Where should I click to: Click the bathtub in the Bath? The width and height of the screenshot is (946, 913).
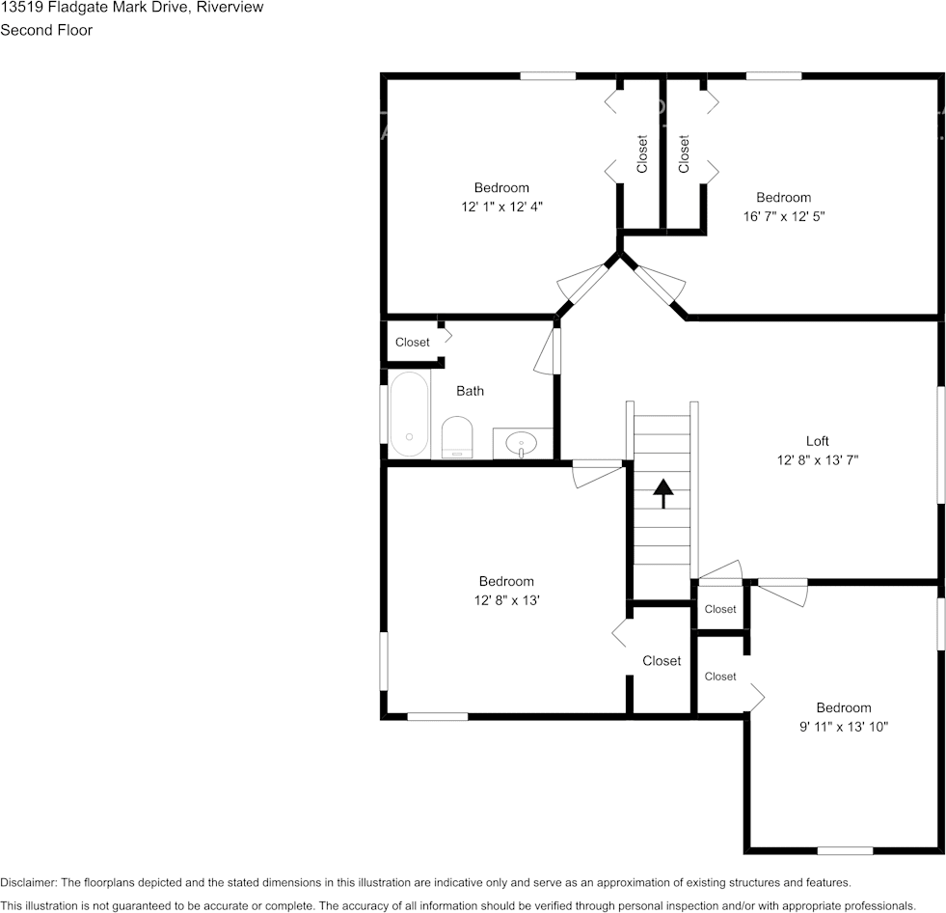point(410,414)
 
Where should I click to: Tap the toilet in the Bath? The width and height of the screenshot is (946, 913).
point(457,437)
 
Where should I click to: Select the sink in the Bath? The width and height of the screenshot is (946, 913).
point(522,444)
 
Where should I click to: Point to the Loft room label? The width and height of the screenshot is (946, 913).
point(818,441)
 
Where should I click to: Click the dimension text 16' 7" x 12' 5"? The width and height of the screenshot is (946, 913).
point(784,216)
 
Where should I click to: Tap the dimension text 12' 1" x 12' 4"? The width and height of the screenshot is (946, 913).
point(502,207)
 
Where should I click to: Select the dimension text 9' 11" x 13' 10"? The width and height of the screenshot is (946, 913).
point(844,727)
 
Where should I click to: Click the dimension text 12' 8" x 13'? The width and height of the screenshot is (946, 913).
point(507,600)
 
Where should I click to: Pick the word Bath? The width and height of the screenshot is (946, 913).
point(470,391)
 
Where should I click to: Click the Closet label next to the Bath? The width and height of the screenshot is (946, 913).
point(412,342)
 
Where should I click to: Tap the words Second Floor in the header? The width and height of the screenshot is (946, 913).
point(46,30)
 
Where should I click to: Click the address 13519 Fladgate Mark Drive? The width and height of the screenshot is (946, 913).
point(95,8)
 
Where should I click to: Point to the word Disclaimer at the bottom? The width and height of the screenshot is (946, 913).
point(28,882)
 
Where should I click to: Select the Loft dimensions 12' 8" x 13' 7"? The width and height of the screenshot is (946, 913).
point(818,460)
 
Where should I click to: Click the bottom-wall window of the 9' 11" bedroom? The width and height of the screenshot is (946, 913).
point(845,850)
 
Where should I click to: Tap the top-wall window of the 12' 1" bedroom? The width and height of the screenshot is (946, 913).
point(548,76)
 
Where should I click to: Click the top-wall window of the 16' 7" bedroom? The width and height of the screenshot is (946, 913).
point(773,76)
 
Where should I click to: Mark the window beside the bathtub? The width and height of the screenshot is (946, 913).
point(384,414)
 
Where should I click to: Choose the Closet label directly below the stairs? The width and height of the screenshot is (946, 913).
point(662,660)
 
